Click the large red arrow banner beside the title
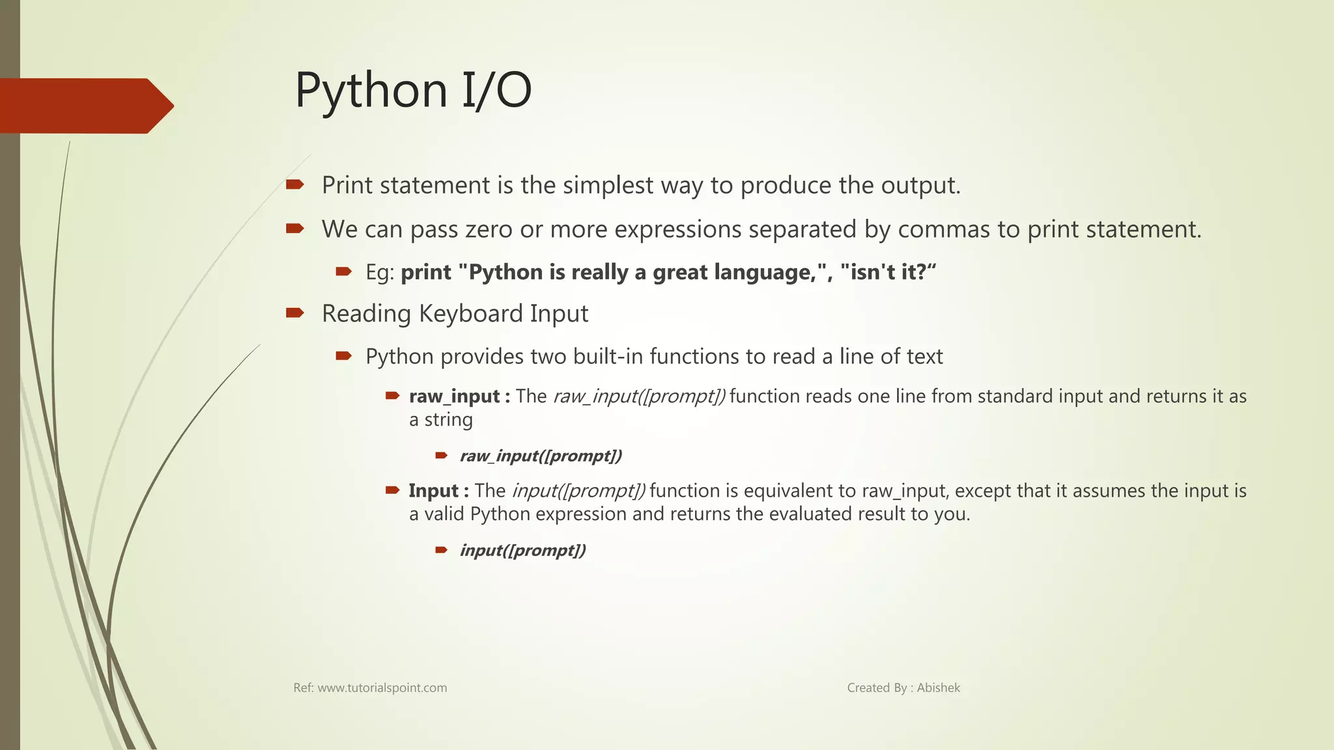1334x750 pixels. tap(85, 106)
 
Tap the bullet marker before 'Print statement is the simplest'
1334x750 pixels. tap(294, 185)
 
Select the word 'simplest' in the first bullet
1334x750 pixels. tap(608, 186)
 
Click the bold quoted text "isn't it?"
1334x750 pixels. tap(888, 272)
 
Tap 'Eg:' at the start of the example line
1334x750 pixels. tap(380, 272)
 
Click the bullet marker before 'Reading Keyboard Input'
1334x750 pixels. tap(294, 313)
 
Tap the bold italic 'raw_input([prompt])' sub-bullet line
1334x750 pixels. tap(541, 456)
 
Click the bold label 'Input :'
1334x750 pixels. tap(438, 491)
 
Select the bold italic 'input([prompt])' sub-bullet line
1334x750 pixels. tap(522, 550)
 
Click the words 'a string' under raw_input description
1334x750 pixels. tap(440, 420)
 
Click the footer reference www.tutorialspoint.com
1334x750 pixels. tap(382, 688)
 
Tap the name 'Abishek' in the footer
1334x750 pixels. tap(938, 688)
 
